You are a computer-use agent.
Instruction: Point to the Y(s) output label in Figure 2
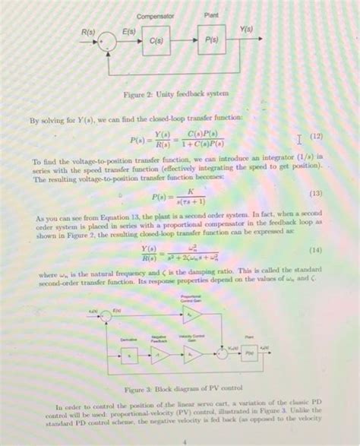[246, 30]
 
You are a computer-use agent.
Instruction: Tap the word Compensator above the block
[156, 15]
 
